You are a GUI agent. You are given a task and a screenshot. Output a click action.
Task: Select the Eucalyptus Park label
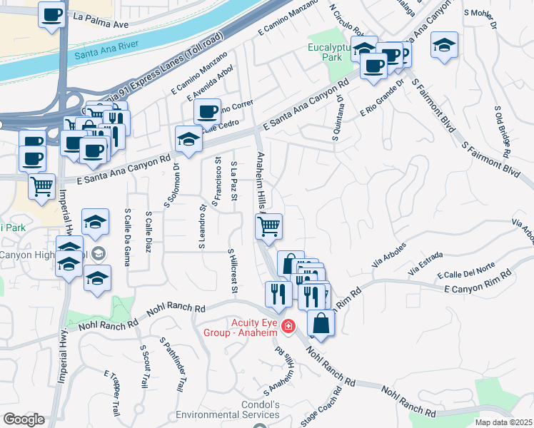pyautogui.click(x=331, y=53)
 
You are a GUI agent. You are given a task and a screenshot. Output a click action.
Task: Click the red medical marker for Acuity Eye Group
pyautogui.click(x=288, y=327)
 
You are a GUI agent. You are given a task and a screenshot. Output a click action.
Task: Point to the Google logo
pyautogui.click(x=24, y=419)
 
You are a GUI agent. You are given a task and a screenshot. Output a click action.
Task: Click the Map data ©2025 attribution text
pyautogui.click(x=504, y=422)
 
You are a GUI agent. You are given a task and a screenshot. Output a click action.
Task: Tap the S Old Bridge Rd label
pyautogui.click(x=503, y=131)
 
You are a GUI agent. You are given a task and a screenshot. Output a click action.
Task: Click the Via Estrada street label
pyautogui.click(x=425, y=263)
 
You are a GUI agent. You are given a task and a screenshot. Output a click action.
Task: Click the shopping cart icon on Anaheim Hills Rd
pyautogui.click(x=268, y=227)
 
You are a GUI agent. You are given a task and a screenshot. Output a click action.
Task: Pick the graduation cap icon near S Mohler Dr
pyautogui.click(x=444, y=47)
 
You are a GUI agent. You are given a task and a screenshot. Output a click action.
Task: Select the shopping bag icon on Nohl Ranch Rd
pyautogui.click(x=321, y=323)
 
